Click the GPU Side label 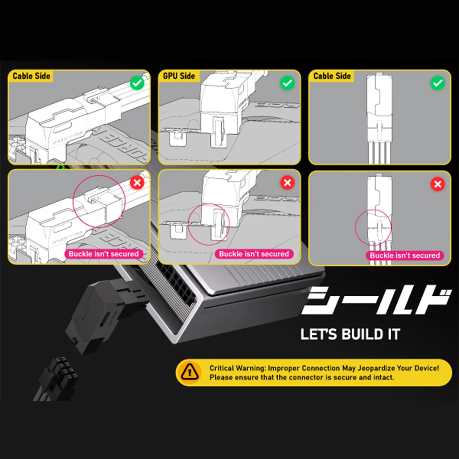coord(179,76)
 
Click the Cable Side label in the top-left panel coord(31,76)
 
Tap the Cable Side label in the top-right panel coord(332,76)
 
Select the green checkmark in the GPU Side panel coord(287,83)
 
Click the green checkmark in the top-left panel coord(137,83)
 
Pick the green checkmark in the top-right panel coord(438,83)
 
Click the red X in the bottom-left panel coord(137,183)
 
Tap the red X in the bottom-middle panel coord(287,183)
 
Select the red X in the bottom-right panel coord(438,184)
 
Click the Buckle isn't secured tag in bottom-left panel coord(104,254)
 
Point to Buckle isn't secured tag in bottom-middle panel coord(254,254)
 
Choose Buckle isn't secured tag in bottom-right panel coord(404,255)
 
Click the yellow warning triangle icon coord(190,372)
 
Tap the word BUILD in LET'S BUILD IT coord(365,334)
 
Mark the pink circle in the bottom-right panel coord(374,227)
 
